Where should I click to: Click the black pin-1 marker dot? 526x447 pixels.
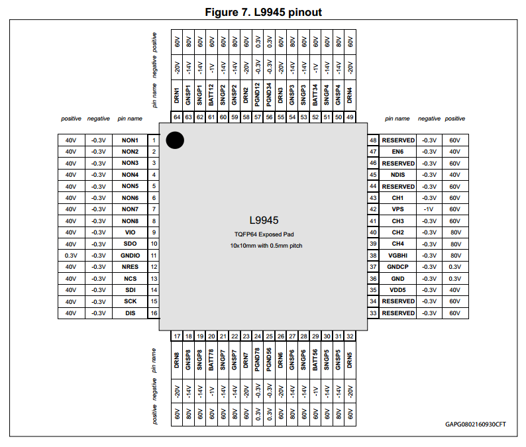click(175, 140)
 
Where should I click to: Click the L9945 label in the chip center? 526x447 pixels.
click(264, 221)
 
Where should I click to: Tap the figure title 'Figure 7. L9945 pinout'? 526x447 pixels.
click(264, 12)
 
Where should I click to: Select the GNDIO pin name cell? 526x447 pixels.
click(130, 256)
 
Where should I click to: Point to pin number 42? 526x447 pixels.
click(373, 209)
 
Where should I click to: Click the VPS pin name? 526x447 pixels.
click(397, 209)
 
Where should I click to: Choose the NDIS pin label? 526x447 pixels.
click(397, 175)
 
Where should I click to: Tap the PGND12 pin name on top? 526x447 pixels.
click(257, 95)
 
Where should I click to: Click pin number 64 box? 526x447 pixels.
click(177, 117)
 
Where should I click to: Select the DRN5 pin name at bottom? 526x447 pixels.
click(350, 360)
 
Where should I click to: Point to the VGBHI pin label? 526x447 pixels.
click(397, 256)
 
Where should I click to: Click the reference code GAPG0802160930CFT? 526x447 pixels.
click(476, 424)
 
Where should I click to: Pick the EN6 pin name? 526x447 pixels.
click(397, 152)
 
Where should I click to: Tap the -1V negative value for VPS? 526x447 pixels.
click(429, 209)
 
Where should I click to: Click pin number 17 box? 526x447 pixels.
click(177, 336)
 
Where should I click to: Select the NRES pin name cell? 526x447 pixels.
click(130, 267)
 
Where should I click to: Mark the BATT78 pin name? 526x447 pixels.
click(211, 360)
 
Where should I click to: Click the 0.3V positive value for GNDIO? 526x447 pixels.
click(71, 256)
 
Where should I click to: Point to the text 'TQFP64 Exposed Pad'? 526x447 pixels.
click(264, 234)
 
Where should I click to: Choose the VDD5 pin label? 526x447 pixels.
click(397, 290)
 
